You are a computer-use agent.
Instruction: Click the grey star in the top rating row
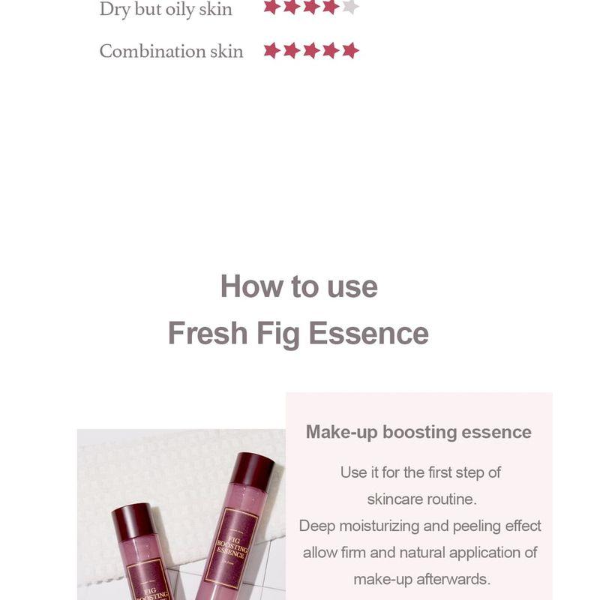[350, 7]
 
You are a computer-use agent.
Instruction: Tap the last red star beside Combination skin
[350, 51]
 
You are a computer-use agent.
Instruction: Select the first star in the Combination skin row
[271, 51]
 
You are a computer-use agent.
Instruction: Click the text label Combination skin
[171, 51]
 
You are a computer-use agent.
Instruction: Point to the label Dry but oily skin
[166, 9]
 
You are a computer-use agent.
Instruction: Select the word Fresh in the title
[207, 333]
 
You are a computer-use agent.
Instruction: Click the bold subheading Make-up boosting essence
[418, 432]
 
